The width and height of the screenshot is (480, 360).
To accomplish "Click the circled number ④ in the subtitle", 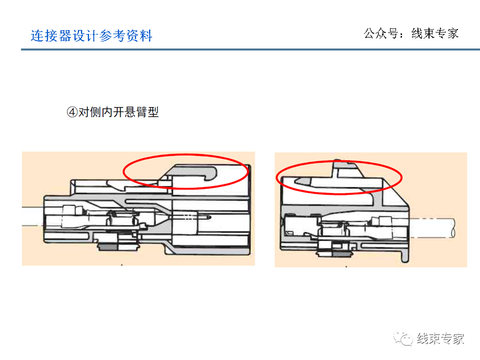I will [71, 112].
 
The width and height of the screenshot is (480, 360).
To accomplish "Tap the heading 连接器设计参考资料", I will [91, 36].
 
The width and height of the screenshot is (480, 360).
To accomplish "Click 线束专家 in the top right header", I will [434, 33].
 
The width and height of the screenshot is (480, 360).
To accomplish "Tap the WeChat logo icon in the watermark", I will [402, 338].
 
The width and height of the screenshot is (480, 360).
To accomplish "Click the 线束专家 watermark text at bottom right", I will [440, 338].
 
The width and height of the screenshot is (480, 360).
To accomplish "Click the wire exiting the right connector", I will [435, 227].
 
